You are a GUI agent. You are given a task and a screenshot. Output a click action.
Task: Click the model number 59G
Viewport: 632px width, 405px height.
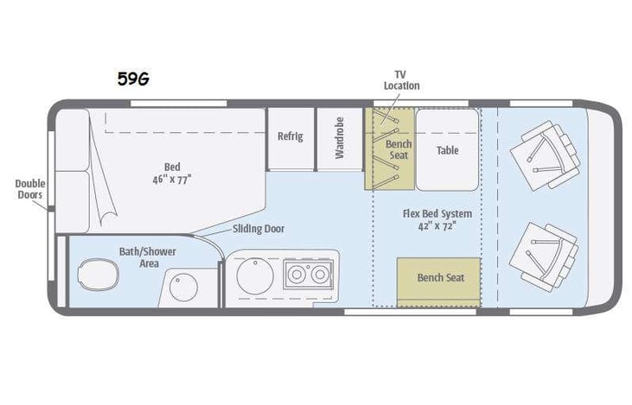pyautogui.click(x=133, y=79)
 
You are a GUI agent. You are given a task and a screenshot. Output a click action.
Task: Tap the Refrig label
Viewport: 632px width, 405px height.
pyautogui.click(x=290, y=136)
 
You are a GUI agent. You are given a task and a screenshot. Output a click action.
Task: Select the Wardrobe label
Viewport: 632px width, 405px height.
pyautogui.click(x=340, y=137)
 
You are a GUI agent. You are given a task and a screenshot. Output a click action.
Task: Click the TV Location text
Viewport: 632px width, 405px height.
pyautogui.click(x=402, y=80)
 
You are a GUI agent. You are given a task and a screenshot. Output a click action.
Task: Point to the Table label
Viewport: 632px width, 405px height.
pyautogui.click(x=447, y=150)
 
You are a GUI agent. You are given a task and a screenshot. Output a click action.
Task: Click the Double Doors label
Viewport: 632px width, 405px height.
pyautogui.click(x=29, y=189)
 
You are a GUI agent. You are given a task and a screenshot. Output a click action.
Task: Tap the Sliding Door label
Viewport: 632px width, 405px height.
pyautogui.click(x=259, y=229)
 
